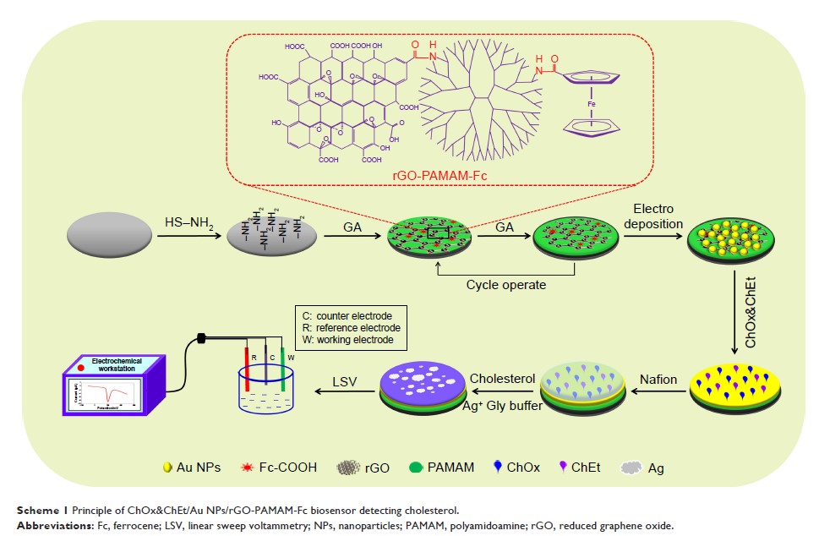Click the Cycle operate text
pos(506,285)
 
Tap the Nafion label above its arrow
pos(658,379)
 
